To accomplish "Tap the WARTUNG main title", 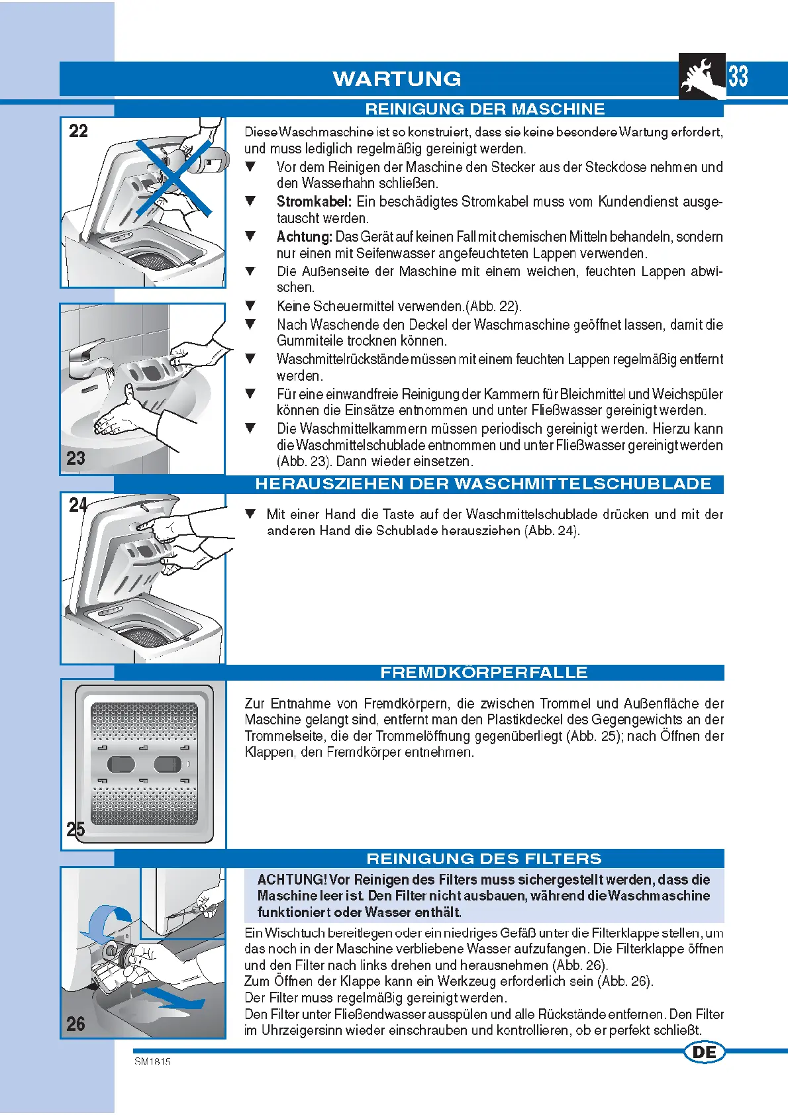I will tap(397, 79).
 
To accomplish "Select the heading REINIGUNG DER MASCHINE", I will tap(485, 109).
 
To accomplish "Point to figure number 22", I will tap(78, 131).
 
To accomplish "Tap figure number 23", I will tap(76, 458).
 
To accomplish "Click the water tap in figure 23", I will tap(85, 358).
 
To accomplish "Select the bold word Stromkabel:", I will tap(314, 202).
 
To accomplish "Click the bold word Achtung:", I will tap(304, 237).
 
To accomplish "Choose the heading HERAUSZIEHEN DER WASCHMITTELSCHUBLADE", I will tap(483, 484).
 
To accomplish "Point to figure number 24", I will tap(78, 505).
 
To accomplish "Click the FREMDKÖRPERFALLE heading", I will tap(484, 673).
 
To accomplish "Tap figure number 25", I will tap(75, 829).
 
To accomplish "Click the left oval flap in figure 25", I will tap(120, 764).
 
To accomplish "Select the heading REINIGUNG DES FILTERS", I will tap(484, 859).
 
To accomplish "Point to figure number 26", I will tap(75, 1024).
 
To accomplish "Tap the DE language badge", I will tap(704, 1052).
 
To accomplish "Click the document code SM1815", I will tap(153, 1061).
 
